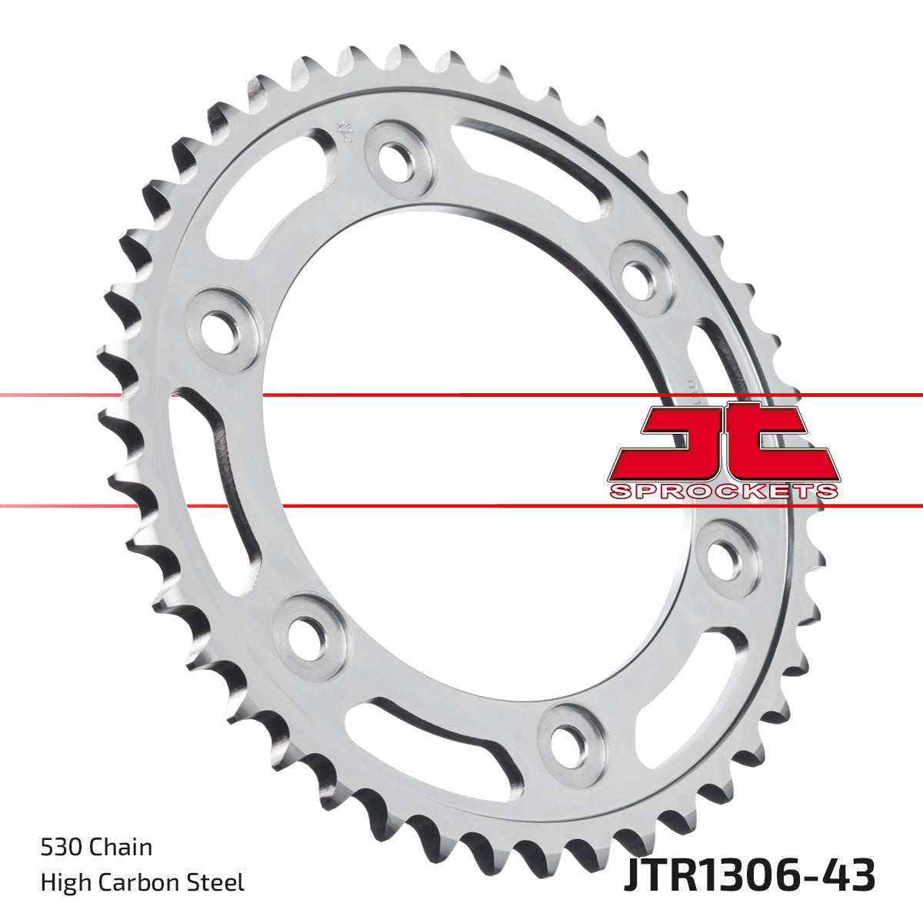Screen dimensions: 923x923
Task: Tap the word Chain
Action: coord(120,848)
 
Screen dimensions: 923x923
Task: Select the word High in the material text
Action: coord(65,882)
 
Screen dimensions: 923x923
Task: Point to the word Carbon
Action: coord(142,882)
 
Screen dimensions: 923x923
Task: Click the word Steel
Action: coord(218,882)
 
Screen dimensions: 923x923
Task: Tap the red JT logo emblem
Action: coord(723,442)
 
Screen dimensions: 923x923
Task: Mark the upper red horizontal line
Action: coord(461,395)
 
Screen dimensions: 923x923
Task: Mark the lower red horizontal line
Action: coord(461,506)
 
